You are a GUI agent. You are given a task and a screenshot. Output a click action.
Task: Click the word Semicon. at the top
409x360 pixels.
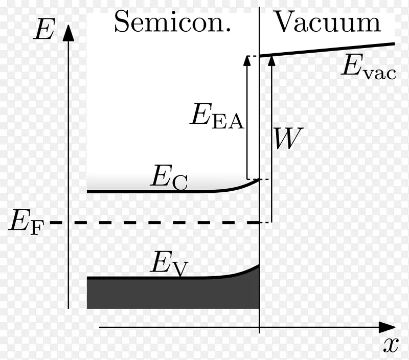(x=172, y=21)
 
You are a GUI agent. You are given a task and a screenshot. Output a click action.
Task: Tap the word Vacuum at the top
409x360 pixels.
(x=328, y=21)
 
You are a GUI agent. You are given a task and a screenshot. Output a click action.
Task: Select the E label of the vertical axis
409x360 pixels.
(x=44, y=29)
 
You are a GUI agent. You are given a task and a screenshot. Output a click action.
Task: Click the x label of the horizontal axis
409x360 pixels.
(x=391, y=345)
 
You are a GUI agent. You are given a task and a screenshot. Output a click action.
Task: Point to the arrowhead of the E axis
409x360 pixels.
(x=69, y=33)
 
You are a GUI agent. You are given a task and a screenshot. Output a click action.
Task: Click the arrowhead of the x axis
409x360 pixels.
(x=387, y=327)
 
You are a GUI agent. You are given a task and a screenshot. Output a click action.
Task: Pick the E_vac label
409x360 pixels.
(x=369, y=66)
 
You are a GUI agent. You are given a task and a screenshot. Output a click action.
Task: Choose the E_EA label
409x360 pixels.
(x=217, y=116)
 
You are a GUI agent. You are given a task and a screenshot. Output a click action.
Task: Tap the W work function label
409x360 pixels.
(x=288, y=138)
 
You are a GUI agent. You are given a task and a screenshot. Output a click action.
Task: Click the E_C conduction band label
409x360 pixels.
(x=169, y=177)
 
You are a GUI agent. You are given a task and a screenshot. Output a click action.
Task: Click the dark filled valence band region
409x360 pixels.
(x=173, y=294)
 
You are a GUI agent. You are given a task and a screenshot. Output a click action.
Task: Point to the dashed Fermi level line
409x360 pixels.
(x=154, y=222)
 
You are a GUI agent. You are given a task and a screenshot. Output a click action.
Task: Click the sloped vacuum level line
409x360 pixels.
(x=327, y=50)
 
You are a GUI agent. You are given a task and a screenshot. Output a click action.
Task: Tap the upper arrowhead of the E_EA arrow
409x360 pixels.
(x=247, y=60)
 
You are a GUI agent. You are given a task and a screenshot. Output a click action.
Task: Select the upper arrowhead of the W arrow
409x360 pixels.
(x=272, y=60)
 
